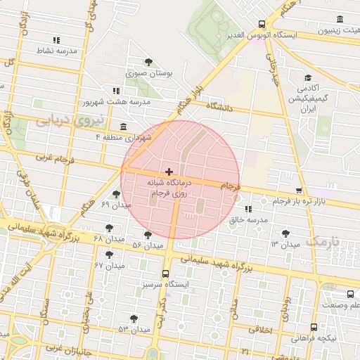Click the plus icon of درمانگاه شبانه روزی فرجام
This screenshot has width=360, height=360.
(x=168, y=172)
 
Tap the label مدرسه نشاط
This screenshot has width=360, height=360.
(x=56, y=51)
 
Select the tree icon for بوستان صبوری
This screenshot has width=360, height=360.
(x=148, y=62)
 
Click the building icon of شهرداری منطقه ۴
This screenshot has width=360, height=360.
(x=124, y=127)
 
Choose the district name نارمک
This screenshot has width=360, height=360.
(x=323, y=240)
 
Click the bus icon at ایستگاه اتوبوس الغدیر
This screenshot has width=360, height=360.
(x=262, y=23)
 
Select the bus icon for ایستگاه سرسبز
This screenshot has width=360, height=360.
(x=165, y=274)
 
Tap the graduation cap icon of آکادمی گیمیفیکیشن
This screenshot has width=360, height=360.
(x=307, y=78)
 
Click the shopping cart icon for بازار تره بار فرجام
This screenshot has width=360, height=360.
(x=300, y=191)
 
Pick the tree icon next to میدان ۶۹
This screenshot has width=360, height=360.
(x=116, y=194)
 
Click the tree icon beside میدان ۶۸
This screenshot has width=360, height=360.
(x=108, y=228)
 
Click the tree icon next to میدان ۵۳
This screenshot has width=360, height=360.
(x=134, y=319)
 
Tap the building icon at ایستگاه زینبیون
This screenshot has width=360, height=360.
(x=340, y=19)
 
